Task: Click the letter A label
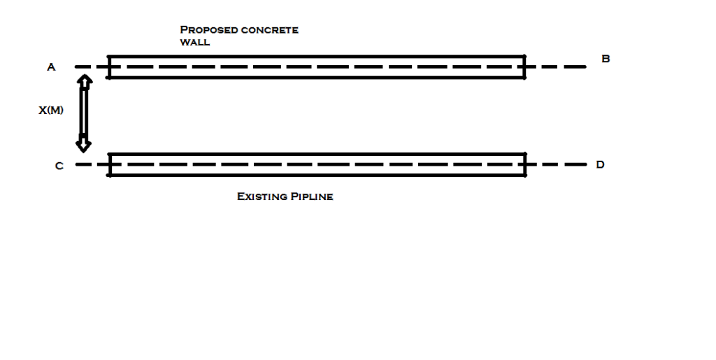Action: (x=51, y=67)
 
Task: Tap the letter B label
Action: (x=606, y=59)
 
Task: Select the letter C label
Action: (x=59, y=166)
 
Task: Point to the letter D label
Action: (x=600, y=165)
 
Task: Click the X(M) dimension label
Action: (x=51, y=110)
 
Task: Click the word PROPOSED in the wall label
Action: (x=203, y=30)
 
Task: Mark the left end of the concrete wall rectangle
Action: (x=109, y=67)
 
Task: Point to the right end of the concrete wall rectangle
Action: (x=524, y=67)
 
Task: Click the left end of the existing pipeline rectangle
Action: (x=109, y=165)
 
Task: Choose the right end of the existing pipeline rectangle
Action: (x=524, y=165)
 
